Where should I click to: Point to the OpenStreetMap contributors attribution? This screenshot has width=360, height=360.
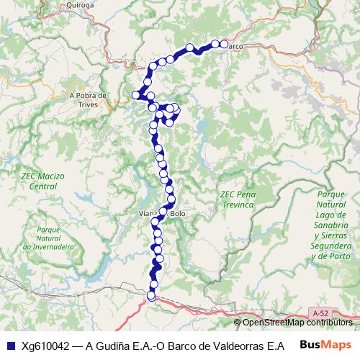point(298,322)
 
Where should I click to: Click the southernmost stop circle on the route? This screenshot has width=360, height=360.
point(151,296)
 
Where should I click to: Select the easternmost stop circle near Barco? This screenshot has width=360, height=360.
point(223,44)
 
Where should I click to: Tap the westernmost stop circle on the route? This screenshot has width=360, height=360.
point(135,94)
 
